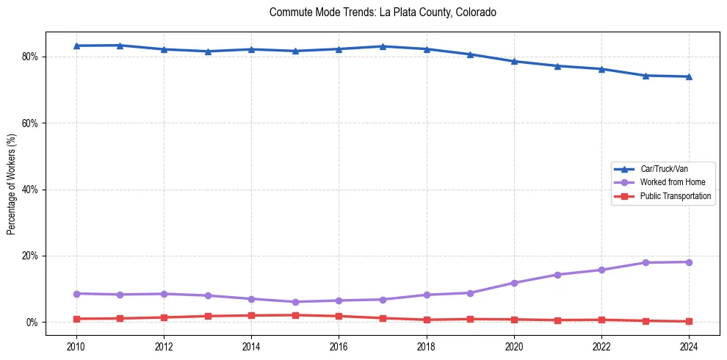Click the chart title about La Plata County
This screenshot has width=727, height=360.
point(383,12)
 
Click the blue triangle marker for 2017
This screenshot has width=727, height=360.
point(383,46)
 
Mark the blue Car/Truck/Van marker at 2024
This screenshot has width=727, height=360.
point(689,76)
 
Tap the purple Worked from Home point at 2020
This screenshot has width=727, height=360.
point(514,283)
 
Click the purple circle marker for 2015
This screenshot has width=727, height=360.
point(295,302)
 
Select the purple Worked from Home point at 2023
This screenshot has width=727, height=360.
point(645,263)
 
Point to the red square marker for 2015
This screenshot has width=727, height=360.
point(295,315)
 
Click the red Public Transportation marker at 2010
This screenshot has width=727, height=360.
point(76,319)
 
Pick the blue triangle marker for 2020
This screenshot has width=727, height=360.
point(514,61)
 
